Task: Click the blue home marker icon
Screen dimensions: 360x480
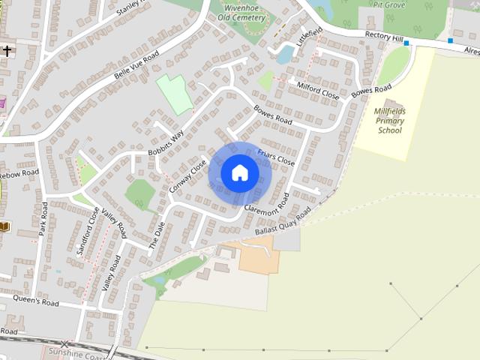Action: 239,172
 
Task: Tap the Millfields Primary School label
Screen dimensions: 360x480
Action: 389,120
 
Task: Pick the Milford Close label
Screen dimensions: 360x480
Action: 319,91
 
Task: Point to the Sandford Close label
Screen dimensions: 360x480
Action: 88,232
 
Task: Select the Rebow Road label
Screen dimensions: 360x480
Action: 19,174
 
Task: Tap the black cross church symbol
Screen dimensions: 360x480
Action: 7,51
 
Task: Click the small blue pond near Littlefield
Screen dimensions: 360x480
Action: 286,53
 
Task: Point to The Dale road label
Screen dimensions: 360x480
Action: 157,235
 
